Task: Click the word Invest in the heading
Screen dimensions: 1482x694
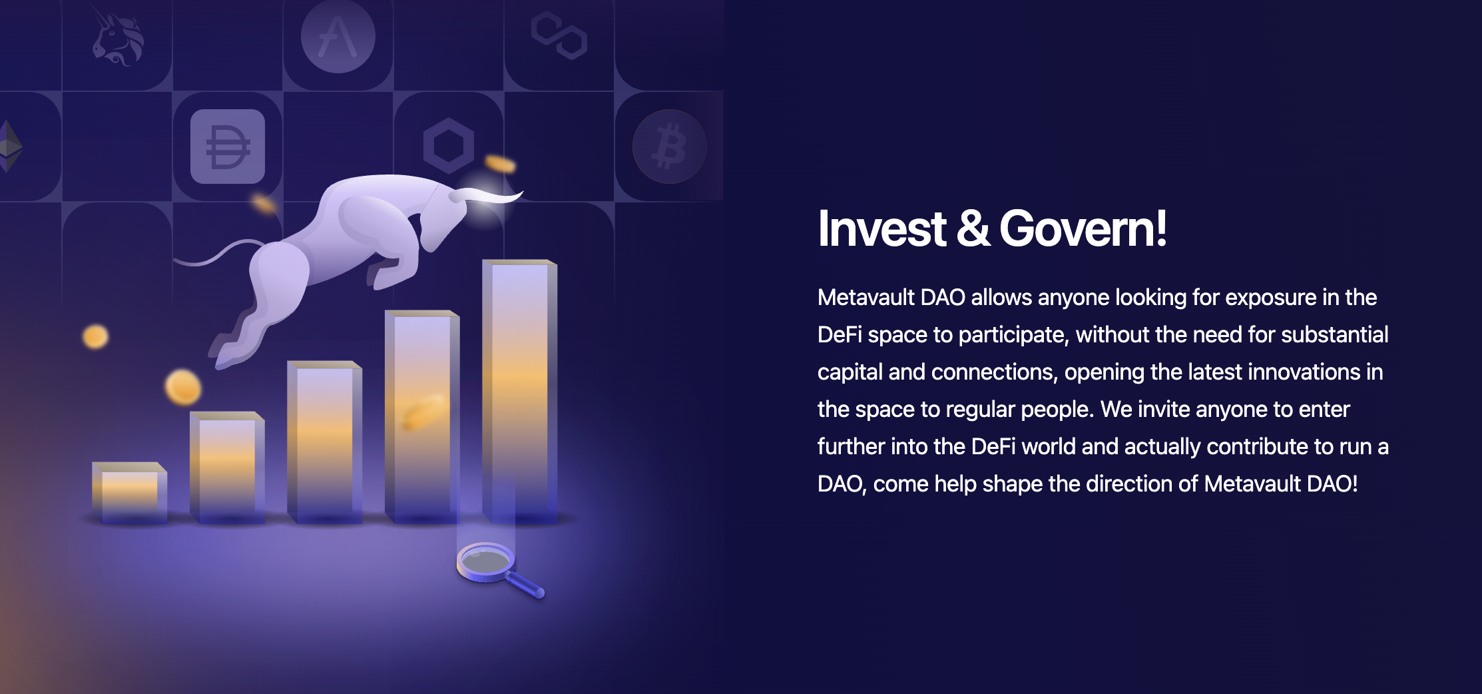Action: pyautogui.click(x=881, y=228)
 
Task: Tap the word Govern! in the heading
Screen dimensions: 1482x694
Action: pyautogui.click(x=1083, y=228)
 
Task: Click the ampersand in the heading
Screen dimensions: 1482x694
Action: pyautogui.click(x=973, y=228)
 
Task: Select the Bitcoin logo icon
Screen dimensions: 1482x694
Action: pyautogui.click(x=670, y=147)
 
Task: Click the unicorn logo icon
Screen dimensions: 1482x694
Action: pyautogui.click(x=118, y=39)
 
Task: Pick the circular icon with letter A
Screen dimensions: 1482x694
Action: pyautogui.click(x=338, y=37)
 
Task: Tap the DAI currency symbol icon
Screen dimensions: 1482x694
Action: pyautogui.click(x=228, y=147)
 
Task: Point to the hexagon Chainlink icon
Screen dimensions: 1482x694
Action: pyautogui.click(x=449, y=146)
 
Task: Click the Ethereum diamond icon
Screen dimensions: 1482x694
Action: pyautogui.click(x=10, y=146)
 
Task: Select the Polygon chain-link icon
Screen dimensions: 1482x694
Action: pyautogui.click(x=559, y=36)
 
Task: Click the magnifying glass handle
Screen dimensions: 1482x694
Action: pyautogui.click(x=527, y=585)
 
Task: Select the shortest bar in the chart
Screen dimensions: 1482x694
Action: pyautogui.click(x=129, y=493)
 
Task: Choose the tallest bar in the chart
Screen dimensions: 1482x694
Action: pyautogui.click(x=520, y=392)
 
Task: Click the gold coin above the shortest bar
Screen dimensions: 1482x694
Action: pyautogui.click(x=95, y=336)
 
